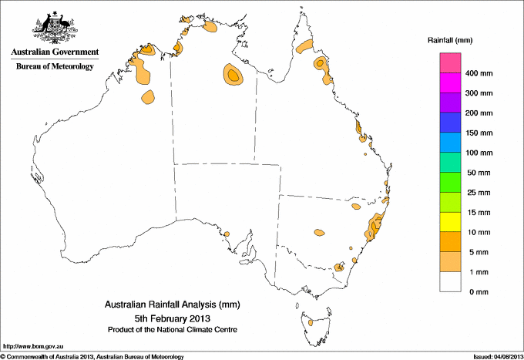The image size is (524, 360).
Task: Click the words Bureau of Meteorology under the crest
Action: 54,66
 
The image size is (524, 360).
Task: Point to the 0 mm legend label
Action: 479,292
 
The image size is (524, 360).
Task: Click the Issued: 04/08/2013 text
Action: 495,356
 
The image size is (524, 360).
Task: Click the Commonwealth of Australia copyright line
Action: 92,356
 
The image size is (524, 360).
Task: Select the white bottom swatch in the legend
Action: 451,282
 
